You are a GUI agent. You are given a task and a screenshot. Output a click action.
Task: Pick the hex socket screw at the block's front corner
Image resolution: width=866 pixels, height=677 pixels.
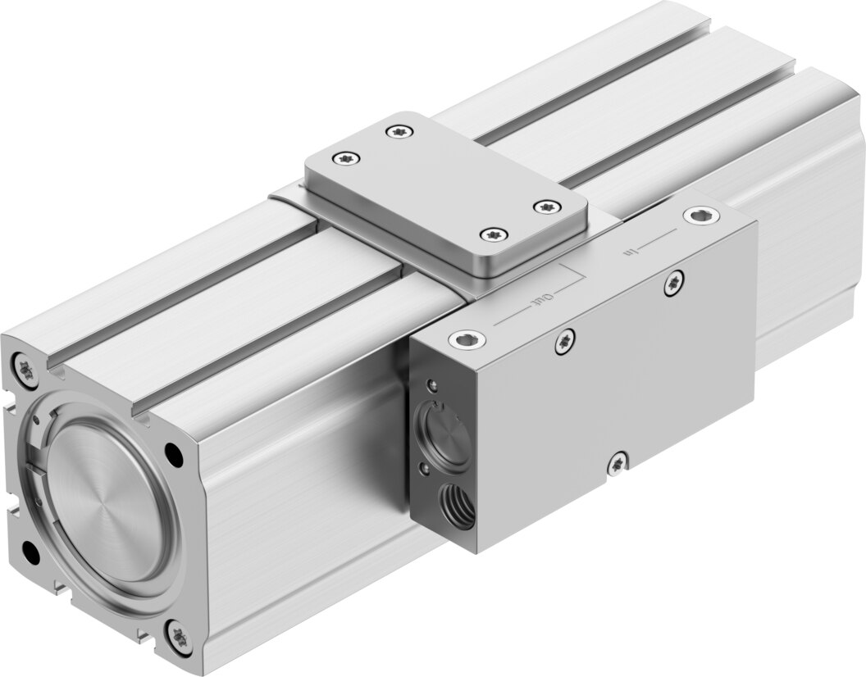467,341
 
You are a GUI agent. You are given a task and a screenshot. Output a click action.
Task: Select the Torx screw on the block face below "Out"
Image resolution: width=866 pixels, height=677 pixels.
565,341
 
